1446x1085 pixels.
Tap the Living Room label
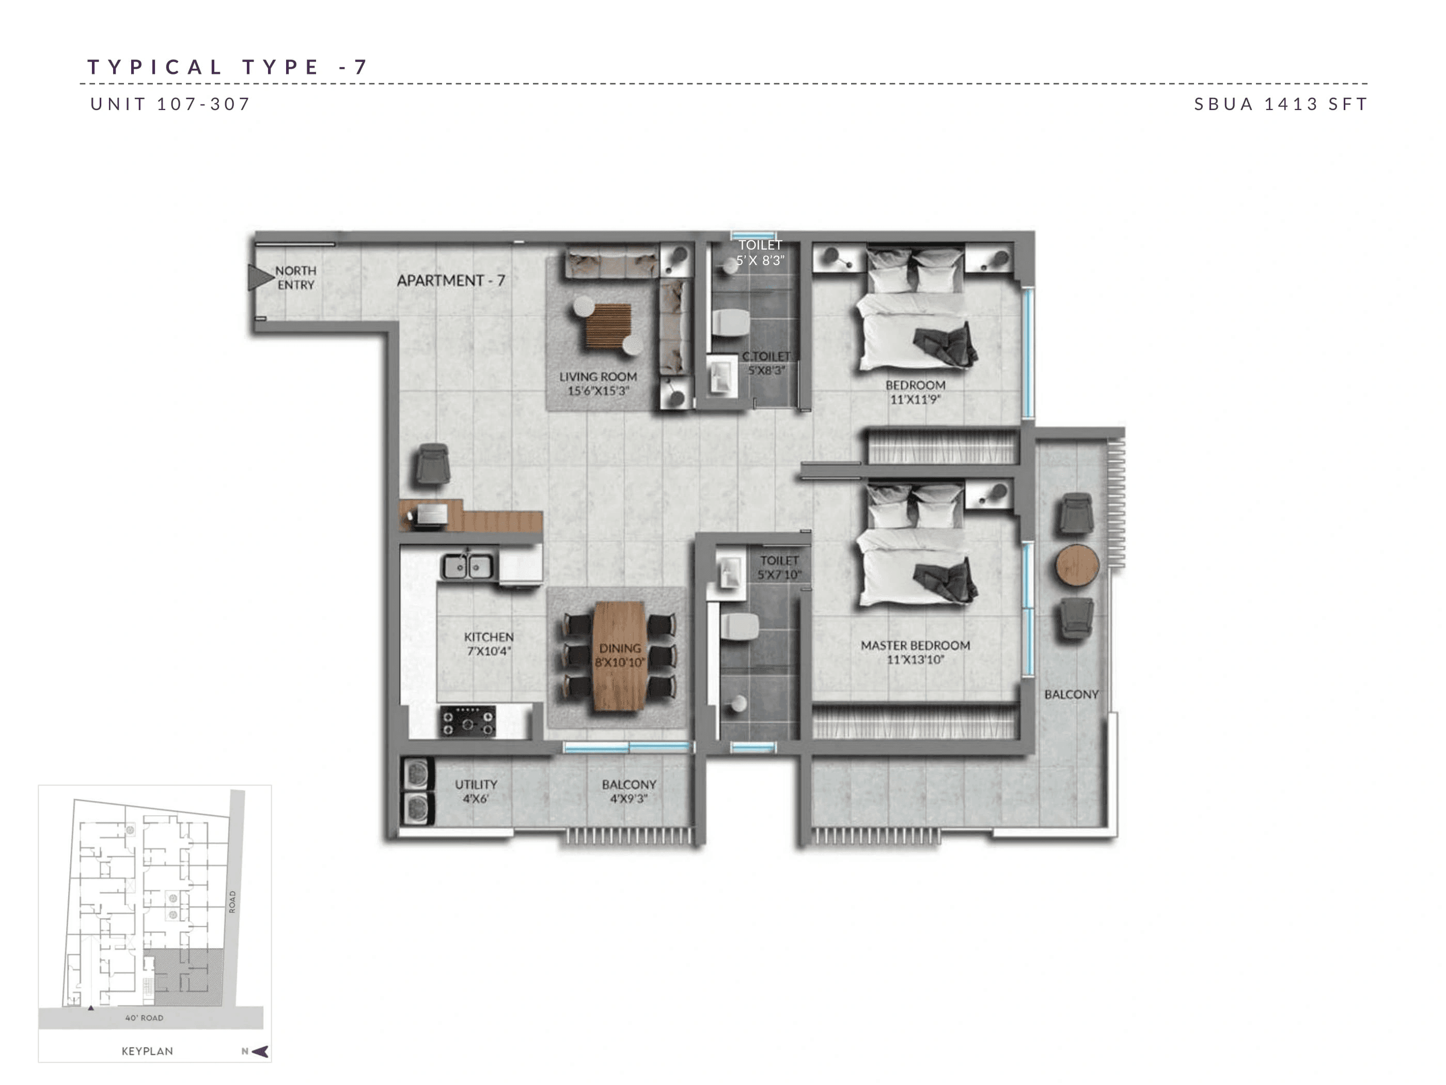point(598,383)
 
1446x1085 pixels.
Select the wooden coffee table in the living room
point(608,325)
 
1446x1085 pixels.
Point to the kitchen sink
point(467,566)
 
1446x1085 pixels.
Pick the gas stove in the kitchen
point(467,721)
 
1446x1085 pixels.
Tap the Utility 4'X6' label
point(476,791)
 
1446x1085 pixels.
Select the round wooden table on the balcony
point(1077,565)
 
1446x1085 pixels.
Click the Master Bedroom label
point(915,652)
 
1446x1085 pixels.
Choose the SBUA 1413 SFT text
point(1280,104)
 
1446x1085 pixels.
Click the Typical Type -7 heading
point(228,67)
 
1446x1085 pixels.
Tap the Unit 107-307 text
point(170,104)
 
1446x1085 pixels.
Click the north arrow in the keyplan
point(260,1051)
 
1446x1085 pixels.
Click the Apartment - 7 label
point(451,281)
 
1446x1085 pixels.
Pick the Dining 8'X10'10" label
point(620,655)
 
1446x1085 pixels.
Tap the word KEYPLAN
point(147,1051)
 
